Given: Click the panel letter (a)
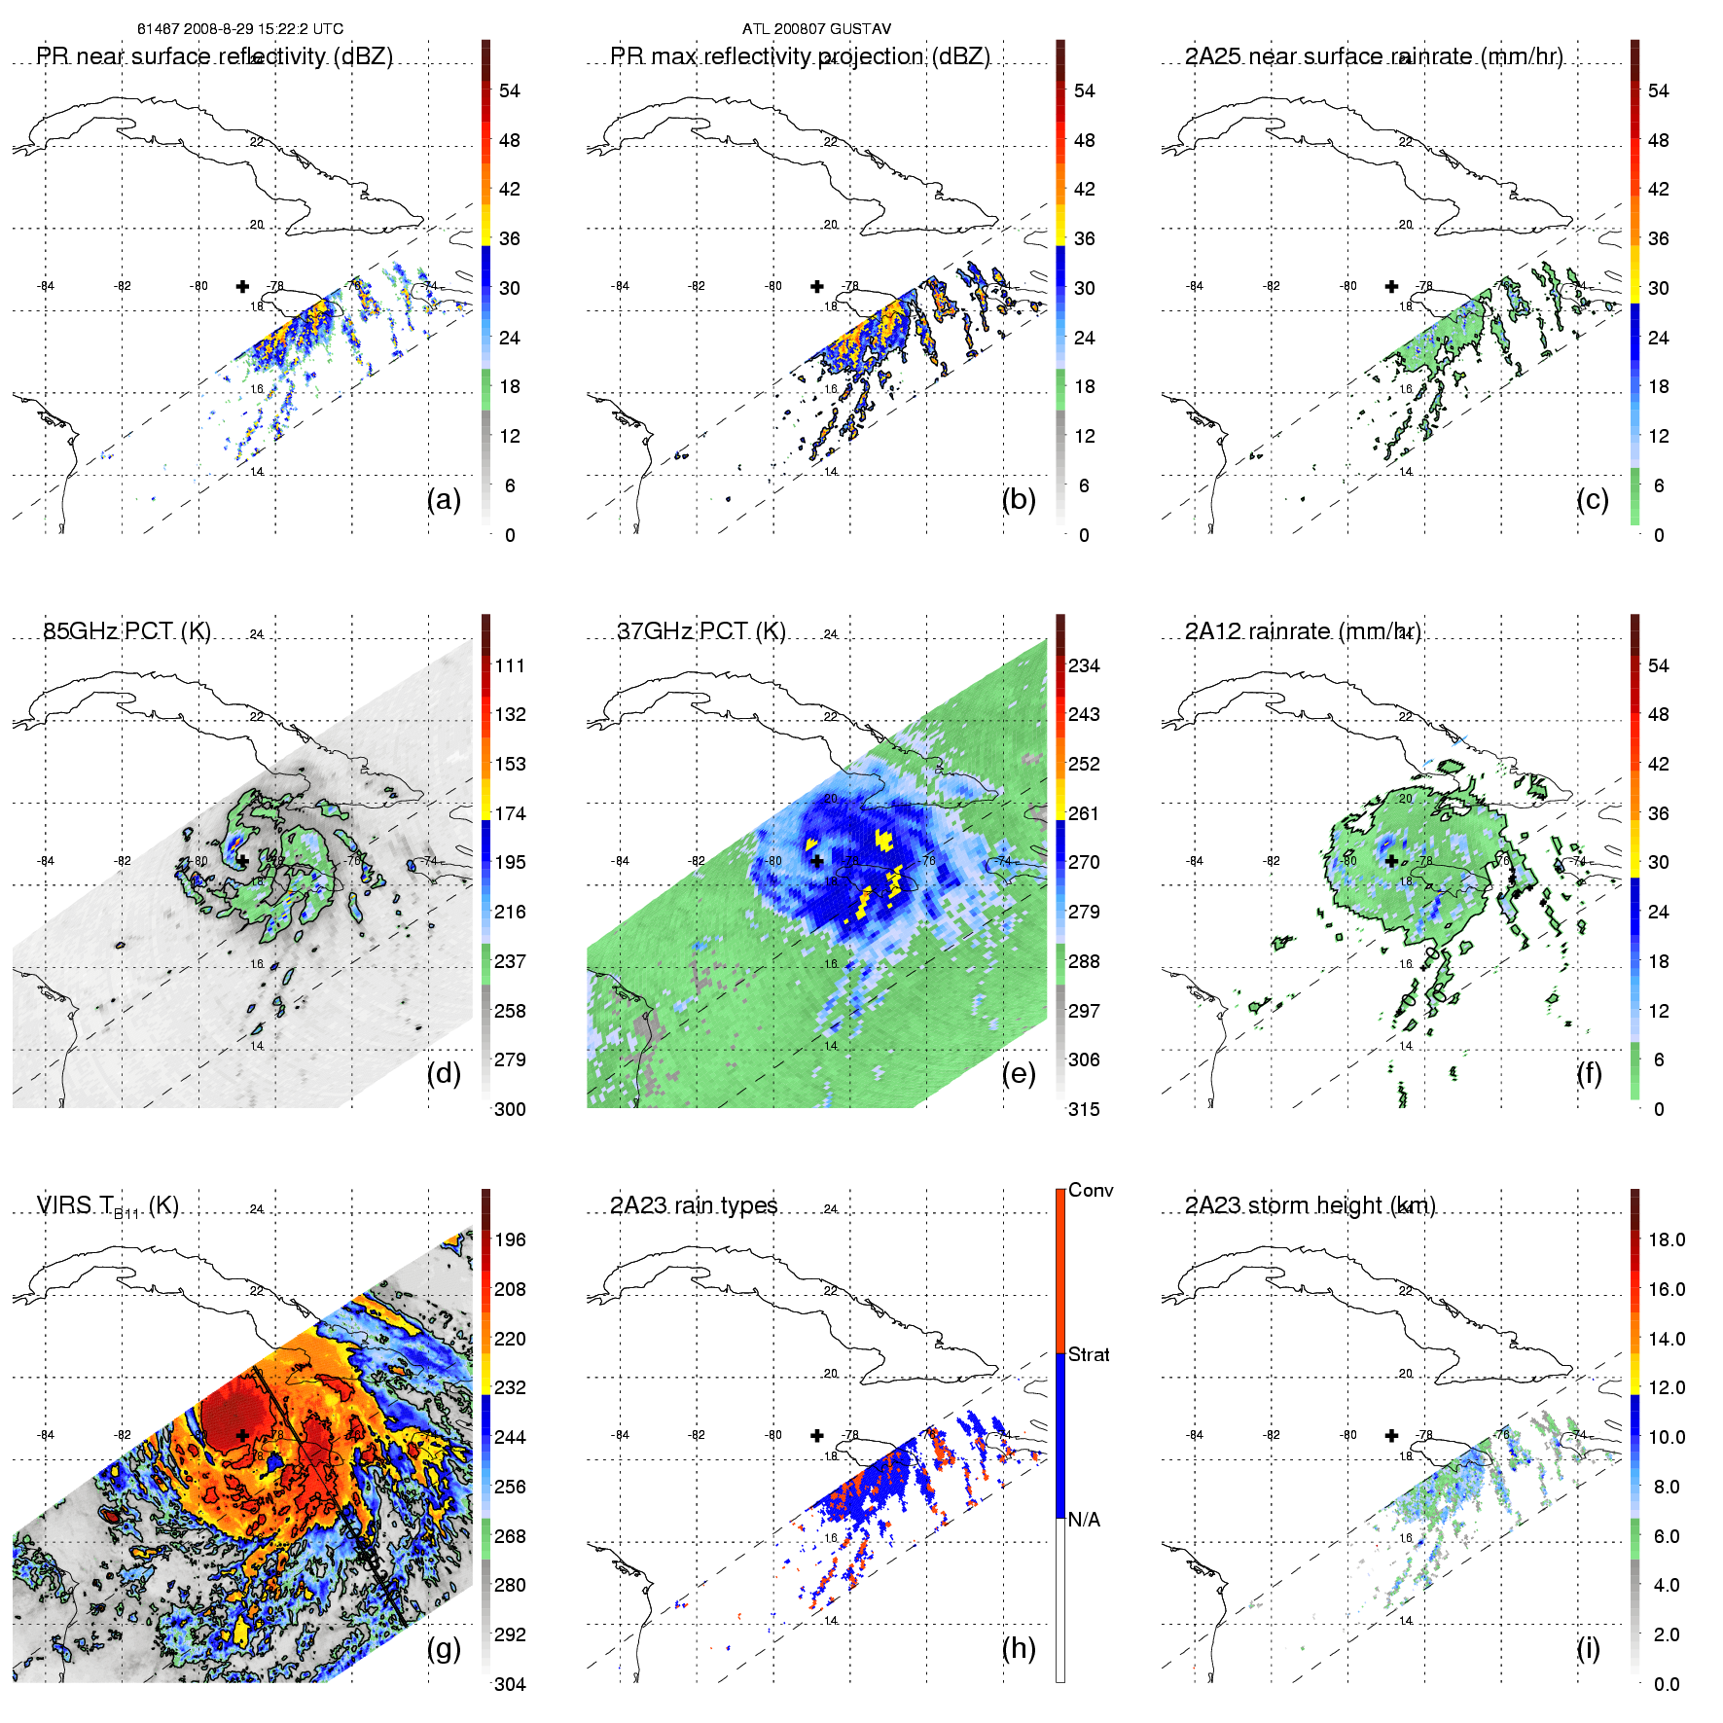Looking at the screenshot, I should coord(444,500).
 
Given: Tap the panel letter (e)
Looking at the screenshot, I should coord(1018,1074).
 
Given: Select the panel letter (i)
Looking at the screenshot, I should coord(1588,1648).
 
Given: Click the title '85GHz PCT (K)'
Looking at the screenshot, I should coord(126,631).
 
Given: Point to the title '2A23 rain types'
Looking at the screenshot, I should coord(694,1206).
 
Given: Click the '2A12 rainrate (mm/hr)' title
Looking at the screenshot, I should coord(1303,631).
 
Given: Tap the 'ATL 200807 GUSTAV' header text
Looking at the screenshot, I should coord(816,29).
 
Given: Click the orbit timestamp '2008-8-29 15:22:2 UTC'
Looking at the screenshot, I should coord(260,29).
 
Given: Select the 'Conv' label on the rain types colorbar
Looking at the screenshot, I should coord(1091,1191).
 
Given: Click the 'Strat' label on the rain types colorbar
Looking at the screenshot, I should coord(1089,1355).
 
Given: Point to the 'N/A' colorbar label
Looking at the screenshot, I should coord(1084,1520).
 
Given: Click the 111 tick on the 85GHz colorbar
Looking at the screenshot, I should coord(510,666).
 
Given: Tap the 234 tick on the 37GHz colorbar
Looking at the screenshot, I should coord(1084,666).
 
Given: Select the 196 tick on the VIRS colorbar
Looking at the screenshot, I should coord(510,1240).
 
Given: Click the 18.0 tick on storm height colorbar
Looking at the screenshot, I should coord(1667,1240).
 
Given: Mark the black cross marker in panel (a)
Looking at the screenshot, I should coord(242,286).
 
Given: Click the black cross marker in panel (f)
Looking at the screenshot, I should coord(1391,861).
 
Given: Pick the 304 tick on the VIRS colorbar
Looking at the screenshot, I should coord(510,1684).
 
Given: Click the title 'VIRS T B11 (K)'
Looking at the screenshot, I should coord(108,1206).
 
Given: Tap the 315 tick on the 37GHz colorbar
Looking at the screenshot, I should coord(1084,1110).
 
